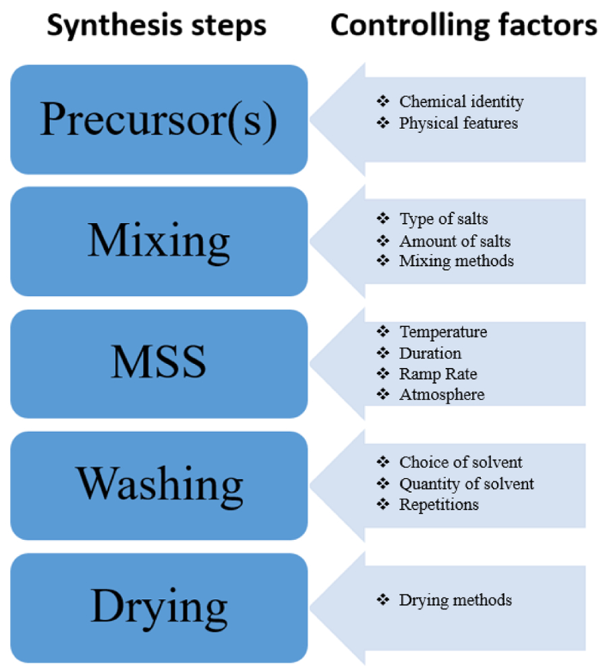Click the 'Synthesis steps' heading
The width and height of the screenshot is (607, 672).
tap(156, 26)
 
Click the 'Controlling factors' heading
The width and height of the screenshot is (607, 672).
tap(464, 26)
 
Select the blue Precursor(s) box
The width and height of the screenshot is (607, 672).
tap(159, 119)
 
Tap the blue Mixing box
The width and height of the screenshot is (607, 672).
tap(159, 241)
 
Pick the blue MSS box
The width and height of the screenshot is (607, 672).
tap(159, 363)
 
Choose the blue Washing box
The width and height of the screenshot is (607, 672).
tap(159, 485)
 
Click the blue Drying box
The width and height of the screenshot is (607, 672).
tap(159, 608)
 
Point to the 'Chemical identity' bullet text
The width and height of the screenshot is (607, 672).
tap(461, 102)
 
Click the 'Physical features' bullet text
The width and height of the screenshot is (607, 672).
tap(459, 123)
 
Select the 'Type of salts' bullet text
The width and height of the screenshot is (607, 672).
tap(444, 219)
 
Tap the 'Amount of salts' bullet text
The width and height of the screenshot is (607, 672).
tap(455, 241)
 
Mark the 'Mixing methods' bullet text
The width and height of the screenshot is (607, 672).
tap(457, 261)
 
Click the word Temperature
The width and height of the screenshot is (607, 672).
tap(443, 332)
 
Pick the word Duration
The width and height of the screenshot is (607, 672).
tap(430, 353)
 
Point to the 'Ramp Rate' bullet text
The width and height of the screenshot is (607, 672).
tap(438, 374)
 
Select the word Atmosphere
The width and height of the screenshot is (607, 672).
tap(442, 395)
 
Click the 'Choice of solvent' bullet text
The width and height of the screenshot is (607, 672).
tap(461, 462)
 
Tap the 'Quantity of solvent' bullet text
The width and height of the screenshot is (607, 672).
tap(466, 484)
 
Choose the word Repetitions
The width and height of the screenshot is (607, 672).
tap(439, 505)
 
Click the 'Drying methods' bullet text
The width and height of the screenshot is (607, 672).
tap(455, 601)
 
